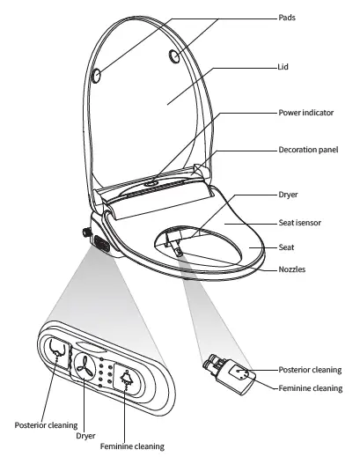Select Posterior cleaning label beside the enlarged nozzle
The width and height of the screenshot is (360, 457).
[310, 370]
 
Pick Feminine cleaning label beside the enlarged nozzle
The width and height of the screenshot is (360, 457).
[309, 387]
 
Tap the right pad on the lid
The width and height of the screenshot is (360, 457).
[175, 56]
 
